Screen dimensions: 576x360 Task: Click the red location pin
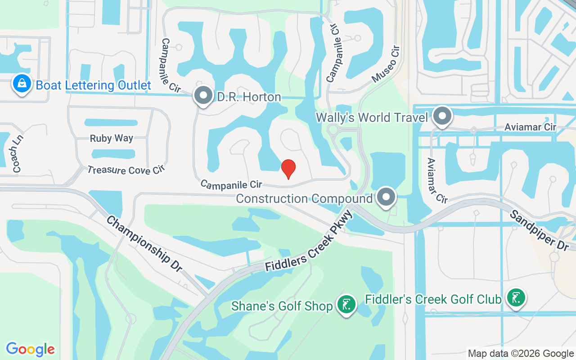coord(288,169)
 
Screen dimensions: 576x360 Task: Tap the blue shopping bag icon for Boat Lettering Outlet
coord(21,84)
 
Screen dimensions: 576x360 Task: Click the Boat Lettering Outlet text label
coord(93,85)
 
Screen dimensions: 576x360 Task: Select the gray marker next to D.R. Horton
coord(203,95)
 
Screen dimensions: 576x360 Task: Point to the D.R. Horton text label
coord(249,97)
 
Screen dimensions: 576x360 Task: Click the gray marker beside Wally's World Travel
coord(442,116)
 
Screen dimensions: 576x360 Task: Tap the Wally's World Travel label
coord(372,117)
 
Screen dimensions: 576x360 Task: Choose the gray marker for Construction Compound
coord(386,197)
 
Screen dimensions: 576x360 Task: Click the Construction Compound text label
coord(304,198)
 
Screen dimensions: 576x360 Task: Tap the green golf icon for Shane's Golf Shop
coord(346,305)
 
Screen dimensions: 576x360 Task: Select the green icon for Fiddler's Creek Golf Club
coord(516,298)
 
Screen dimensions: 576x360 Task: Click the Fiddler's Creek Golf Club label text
coord(433,299)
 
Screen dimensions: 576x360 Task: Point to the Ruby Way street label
coord(112,138)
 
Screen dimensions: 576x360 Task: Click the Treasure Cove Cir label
coord(126,170)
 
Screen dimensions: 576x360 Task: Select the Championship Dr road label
coord(144,243)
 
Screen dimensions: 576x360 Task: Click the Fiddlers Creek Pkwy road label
coord(308,242)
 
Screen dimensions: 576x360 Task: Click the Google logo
coord(30,349)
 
